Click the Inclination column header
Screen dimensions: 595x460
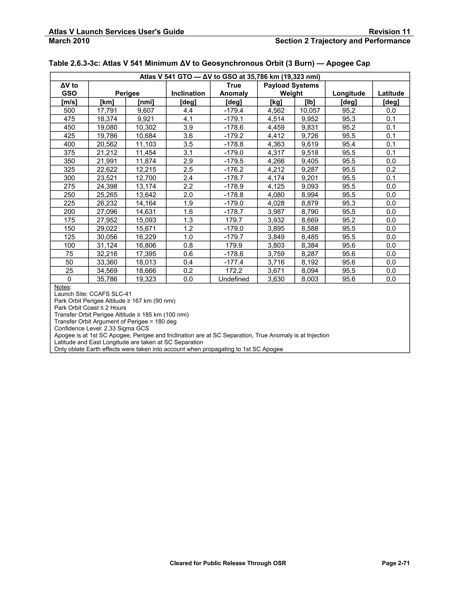point(188,93)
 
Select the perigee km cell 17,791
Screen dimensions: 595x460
point(107,111)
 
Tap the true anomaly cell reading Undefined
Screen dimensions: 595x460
point(234,279)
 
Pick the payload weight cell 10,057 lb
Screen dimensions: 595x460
point(310,111)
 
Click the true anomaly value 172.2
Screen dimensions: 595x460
point(234,271)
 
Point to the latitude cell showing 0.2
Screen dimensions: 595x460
point(391,170)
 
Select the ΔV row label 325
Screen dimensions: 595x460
point(69,170)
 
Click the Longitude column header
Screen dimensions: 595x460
point(349,93)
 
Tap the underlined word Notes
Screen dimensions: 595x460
point(62,287)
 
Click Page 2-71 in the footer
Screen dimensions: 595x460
point(396,563)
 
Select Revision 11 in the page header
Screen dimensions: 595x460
point(389,32)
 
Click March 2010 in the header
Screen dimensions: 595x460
point(69,41)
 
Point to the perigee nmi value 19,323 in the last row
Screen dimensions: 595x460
point(146,279)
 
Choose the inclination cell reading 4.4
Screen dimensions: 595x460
point(188,111)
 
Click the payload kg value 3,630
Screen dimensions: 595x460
point(276,279)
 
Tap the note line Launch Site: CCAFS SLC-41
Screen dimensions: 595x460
point(93,294)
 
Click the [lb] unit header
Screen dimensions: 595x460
point(310,102)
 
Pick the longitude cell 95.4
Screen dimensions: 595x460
point(349,144)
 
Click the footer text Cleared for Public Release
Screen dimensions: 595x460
point(228,563)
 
